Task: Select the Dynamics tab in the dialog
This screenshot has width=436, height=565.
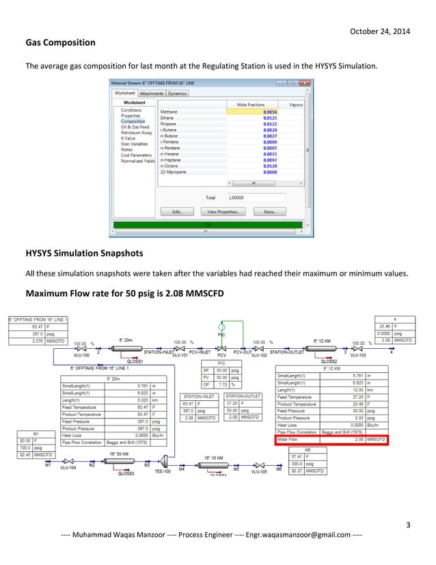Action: pos(177,93)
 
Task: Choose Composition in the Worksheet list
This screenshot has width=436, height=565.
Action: pos(133,121)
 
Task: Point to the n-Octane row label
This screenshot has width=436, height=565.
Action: pos(170,166)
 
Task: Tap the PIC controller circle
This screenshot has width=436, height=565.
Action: pos(221,328)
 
